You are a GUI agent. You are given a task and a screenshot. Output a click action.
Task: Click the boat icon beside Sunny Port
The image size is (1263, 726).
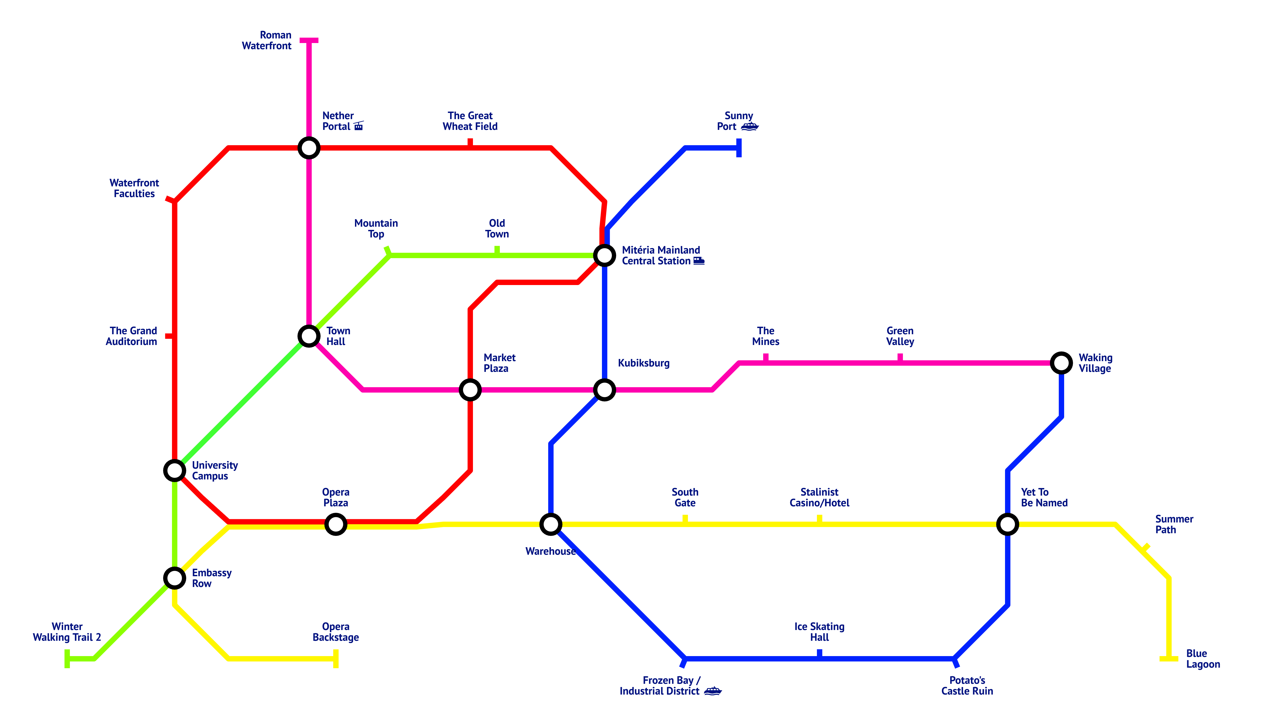(749, 127)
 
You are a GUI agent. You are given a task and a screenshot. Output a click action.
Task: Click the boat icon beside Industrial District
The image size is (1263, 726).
(713, 691)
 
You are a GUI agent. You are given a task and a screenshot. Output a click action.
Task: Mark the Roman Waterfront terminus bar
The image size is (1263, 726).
(309, 40)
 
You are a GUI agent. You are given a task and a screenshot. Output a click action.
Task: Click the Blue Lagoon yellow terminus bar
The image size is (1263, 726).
(1169, 659)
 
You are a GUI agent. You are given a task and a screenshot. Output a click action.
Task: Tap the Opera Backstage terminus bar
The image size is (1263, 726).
(336, 659)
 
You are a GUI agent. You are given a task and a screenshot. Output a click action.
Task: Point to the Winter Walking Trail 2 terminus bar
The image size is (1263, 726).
(67, 659)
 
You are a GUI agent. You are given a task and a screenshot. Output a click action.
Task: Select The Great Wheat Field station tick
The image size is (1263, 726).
(470, 143)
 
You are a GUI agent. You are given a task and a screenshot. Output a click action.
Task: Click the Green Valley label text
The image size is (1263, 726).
(900, 336)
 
